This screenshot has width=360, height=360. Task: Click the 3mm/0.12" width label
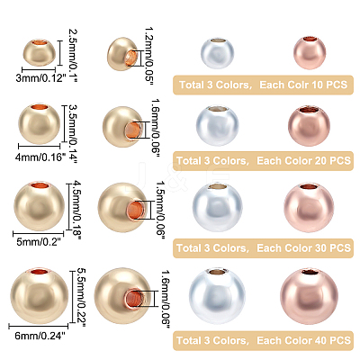tap(40, 78)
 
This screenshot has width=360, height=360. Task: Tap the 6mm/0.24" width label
tap(40, 336)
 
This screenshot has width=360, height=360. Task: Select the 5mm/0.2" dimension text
tap(39, 241)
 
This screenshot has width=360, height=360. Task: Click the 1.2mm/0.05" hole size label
tap(149, 56)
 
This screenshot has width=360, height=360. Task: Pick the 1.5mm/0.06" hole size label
tap(161, 210)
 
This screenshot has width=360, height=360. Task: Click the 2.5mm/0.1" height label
tap(73, 51)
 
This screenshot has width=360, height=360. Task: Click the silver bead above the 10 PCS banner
tap(217, 53)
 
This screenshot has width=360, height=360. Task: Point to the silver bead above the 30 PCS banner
tap(217, 207)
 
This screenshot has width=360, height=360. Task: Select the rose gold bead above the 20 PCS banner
tap(309, 125)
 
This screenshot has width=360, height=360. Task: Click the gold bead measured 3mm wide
tap(40, 52)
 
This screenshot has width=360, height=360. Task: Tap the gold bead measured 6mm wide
tap(40, 296)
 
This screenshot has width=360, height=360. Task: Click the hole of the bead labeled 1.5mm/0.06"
tap(137, 210)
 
